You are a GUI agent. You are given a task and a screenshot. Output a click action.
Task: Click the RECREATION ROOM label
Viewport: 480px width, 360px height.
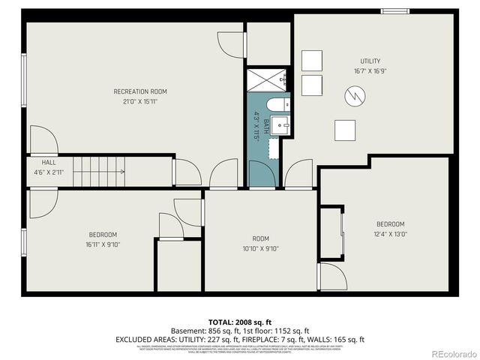[140, 91]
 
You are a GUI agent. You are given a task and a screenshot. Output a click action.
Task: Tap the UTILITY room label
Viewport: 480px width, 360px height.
[370, 61]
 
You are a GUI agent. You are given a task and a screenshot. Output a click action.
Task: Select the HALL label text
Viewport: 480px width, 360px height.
[49, 162]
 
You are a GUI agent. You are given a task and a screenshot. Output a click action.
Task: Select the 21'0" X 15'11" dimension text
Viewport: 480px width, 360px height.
[140, 101]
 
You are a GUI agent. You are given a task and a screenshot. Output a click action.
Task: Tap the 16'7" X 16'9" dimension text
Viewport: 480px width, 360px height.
[370, 71]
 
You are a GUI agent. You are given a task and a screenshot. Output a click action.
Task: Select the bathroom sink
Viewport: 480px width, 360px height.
[281, 126]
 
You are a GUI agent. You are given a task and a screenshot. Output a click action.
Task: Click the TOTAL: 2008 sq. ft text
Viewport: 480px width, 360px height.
[240, 322]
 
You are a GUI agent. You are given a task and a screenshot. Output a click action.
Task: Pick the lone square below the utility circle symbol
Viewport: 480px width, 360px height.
[345, 130]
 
